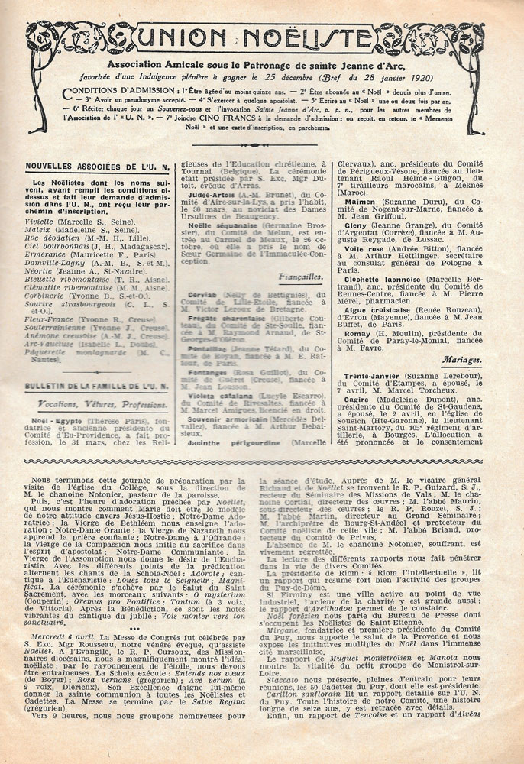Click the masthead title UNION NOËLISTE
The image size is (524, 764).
(262, 36)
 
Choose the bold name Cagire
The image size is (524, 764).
(363, 399)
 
